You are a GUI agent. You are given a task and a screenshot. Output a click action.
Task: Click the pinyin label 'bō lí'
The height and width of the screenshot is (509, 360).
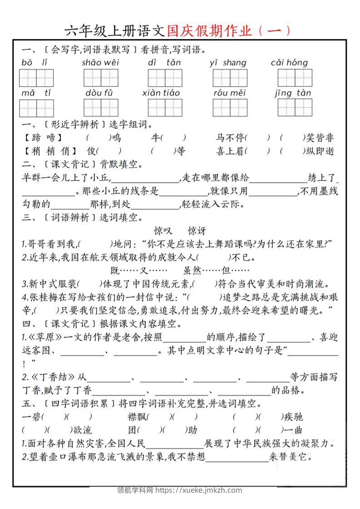pos(34,63)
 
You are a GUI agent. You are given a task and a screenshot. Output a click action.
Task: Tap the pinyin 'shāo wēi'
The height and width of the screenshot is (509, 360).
pos(100,63)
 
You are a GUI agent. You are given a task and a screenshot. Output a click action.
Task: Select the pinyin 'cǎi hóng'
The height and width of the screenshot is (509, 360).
pos(289,63)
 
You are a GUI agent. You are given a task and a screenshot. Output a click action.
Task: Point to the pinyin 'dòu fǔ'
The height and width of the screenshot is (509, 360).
pos(99,93)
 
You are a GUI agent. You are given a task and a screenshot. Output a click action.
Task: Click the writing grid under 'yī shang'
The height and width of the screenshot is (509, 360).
pos(230,78)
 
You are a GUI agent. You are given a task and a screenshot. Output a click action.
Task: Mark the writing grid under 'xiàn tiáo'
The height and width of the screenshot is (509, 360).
pos(165,108)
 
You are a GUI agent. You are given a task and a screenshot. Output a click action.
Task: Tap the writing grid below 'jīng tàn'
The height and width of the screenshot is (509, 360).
pos(295,108)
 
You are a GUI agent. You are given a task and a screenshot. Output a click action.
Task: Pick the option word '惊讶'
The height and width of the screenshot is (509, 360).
pos(197,231)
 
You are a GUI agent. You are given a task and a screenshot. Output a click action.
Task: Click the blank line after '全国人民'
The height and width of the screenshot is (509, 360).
pos(175,444)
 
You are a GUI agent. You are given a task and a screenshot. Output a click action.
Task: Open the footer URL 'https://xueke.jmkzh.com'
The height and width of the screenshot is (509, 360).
pos(198,490)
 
